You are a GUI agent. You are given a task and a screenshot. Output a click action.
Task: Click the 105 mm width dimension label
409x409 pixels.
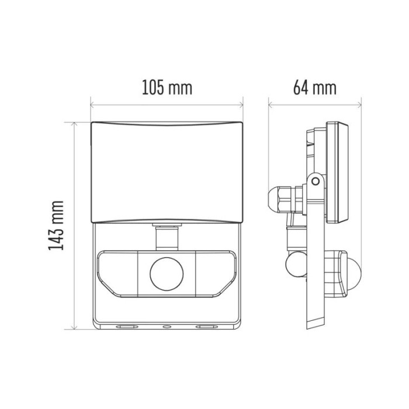pos(167,88)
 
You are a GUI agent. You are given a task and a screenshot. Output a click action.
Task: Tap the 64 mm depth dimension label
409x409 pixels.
pos(315,88)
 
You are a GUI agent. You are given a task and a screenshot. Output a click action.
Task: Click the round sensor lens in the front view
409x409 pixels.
pos(166,272)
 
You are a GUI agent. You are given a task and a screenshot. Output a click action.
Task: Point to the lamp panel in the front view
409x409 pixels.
pos(167,172)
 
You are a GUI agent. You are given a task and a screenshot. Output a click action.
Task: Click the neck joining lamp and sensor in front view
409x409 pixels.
pos(166,237)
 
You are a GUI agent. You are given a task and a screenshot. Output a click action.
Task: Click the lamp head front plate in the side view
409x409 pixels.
pos(338,172)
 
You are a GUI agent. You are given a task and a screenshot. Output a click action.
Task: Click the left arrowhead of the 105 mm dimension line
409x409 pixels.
pos(92,106)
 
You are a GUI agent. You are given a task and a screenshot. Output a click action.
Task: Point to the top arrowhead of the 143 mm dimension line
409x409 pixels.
pos(74,124)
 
